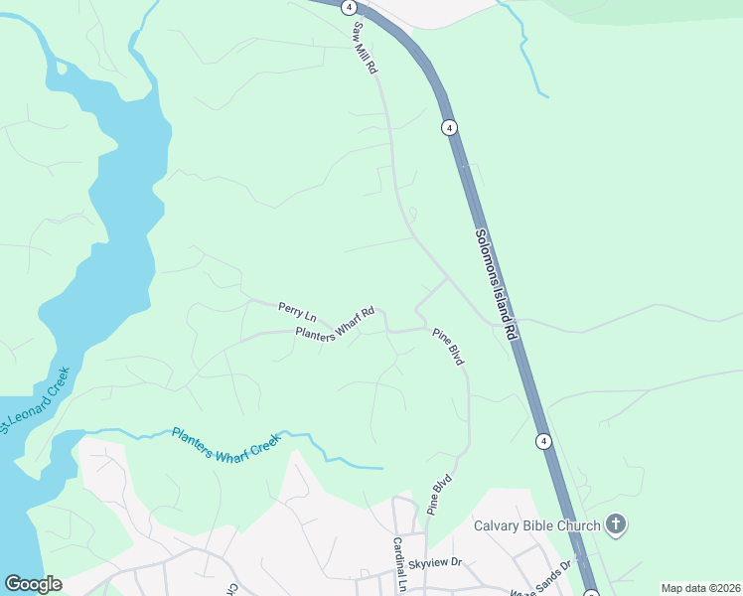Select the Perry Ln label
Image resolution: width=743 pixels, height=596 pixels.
click(x=296, y=311)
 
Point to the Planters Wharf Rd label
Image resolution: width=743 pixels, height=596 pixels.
click(x=335, y=325)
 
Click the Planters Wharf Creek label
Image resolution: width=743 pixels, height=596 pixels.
click(x=226, y=443)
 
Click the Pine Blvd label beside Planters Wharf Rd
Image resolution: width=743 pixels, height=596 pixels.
click(x=448, y=348)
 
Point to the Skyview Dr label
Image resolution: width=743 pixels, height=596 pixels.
click(x=443, y=562)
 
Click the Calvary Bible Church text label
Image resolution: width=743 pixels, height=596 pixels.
click(x=536, y=525)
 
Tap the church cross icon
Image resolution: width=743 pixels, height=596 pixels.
click(x=616, y=524)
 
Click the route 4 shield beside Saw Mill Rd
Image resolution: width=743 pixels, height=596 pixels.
click(x=349, y=6)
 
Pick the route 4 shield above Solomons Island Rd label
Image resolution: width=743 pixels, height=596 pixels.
click(x=449, y=127)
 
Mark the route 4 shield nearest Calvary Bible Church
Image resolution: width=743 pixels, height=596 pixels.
click(x=543, y=440)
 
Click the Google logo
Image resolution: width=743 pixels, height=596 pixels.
click(x=33, y=584)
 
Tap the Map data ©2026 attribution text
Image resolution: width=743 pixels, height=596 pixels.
click(x=700, y=588)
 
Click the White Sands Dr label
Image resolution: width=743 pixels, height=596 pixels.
click(x=542, y=580)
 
